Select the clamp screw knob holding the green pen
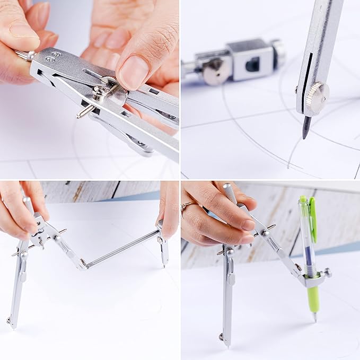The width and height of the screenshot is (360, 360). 327,273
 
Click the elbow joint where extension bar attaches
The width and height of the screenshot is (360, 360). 84,263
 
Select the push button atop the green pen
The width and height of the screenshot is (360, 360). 303,200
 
